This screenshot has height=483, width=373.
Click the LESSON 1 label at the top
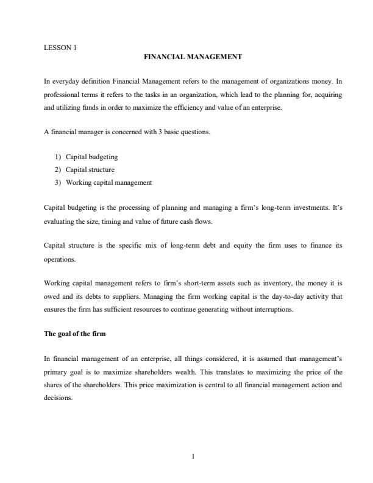[x=60, y=47]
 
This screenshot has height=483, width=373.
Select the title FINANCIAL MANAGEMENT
[x=193, y=57]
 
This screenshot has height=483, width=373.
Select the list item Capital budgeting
[x=91, y=157]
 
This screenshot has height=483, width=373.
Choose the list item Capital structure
[x=90, y=170]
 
